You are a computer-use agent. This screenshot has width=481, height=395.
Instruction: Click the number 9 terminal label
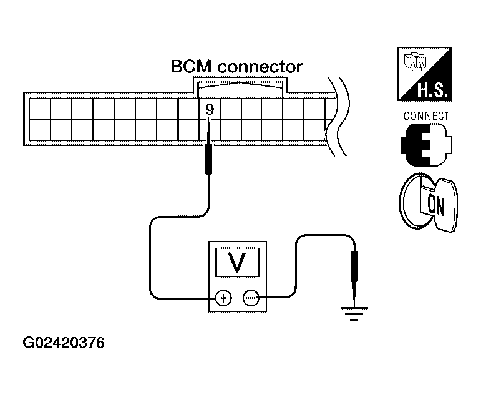210,109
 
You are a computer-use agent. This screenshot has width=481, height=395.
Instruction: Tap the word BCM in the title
191,67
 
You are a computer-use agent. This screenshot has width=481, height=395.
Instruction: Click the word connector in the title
260,67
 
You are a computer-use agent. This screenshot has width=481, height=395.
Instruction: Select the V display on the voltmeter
238,262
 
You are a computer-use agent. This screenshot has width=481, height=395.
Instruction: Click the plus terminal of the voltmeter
223,298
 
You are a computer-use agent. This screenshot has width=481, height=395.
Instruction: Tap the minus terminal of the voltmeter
251,298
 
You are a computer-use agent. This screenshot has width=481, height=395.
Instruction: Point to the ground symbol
354,314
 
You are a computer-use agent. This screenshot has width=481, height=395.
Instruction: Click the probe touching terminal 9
208,147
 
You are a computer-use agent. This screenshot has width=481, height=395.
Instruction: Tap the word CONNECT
426,116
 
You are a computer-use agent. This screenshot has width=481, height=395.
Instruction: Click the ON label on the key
435,205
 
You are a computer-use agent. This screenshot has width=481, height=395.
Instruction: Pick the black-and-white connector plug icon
426,145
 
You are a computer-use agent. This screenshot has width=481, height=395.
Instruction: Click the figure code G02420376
64,343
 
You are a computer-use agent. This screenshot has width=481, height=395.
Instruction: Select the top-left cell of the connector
40,109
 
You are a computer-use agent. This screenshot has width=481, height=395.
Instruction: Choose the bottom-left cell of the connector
40,130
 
